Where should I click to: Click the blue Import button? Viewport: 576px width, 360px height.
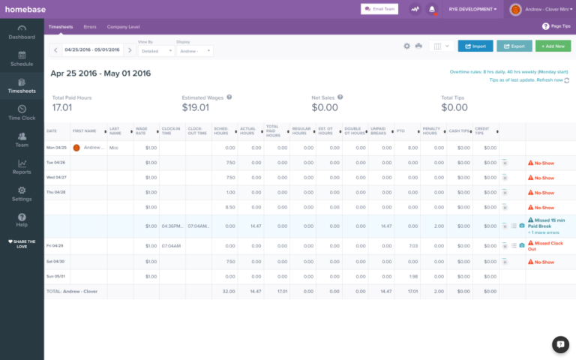[x=475, y=46]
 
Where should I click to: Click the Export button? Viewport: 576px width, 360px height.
[x=514, y=46]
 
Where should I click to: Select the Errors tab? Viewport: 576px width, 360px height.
[x=90, y=26]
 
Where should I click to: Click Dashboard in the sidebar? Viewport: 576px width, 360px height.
[x=22, y=32]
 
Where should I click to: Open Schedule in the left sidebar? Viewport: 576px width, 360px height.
[x=22, y=59]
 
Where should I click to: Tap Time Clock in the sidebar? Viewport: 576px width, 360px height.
[x=22, y=113]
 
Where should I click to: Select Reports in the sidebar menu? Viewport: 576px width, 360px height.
[x=22, y=167]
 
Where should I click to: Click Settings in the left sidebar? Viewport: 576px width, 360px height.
[x=22, y=194]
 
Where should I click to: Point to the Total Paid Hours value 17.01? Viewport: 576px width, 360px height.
[x=61, y=107]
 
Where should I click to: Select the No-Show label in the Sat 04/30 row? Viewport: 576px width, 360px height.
[x=544, y=262]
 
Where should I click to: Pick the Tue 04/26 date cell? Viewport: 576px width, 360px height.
[x=56, y=162]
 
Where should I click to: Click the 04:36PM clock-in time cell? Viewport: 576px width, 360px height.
[x=172, y=225]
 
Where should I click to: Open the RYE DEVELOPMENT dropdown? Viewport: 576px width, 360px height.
[x=473, y=9]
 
